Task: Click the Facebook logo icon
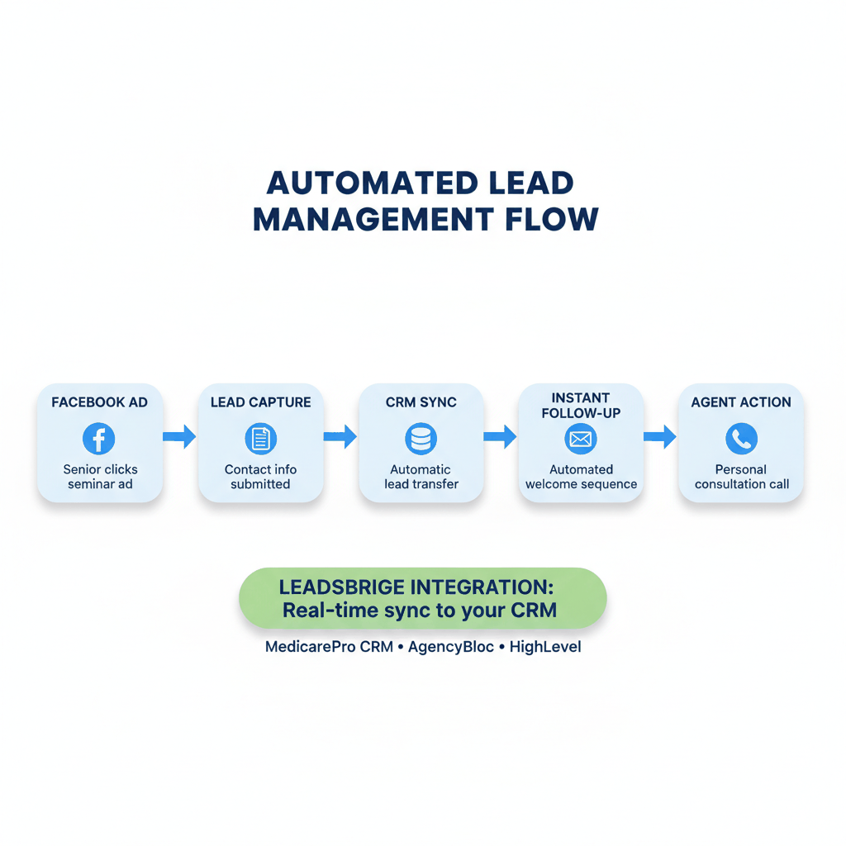99,439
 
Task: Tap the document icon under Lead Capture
261,439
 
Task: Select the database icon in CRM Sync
421,439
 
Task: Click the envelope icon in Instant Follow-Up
581,439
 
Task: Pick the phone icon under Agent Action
741,439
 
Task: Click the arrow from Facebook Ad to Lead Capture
179,436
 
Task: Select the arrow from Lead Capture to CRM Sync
340,436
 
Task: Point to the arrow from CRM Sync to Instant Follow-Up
500,436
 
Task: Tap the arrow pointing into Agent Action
659,436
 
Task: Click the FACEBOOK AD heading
99,402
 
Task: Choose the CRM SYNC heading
421,402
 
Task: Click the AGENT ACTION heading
741,402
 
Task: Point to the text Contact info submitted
260,477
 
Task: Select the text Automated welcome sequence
581,477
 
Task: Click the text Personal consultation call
741,477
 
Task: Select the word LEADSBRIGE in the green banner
342,588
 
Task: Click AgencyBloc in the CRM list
451,647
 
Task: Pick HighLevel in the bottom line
545,647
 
